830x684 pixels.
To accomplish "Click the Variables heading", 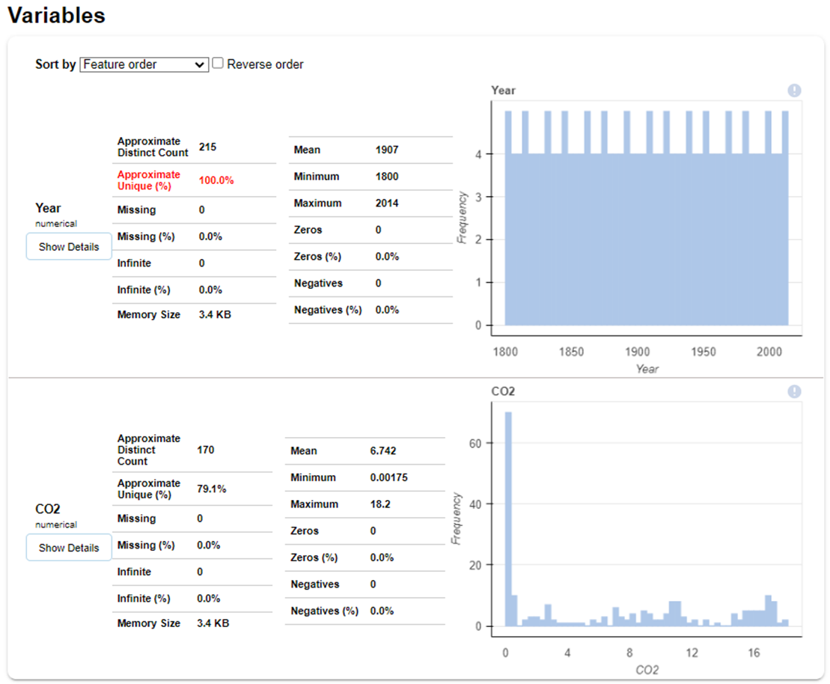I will tap(56, 15).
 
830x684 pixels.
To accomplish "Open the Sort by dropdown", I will tap(144, 64).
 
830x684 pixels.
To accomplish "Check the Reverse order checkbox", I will tap(218, 64).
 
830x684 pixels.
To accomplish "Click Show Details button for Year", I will tap(69, 247).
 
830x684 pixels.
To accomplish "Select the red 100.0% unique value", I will tap(216, 180).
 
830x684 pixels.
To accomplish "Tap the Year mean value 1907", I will tap(387, 150).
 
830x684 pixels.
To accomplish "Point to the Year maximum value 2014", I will tap(387, 203).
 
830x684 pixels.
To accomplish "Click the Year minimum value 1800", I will tap(387, 177).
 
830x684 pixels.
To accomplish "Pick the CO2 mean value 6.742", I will tap(383, 451).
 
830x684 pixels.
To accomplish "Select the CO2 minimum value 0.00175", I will tap(389, 477).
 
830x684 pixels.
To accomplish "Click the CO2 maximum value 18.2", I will tap(380, 504).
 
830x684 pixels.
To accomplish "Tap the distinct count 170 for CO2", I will tap(206, 450).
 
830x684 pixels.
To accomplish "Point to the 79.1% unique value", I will tap(212, 489).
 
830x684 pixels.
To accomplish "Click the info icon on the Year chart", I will tap(794, 91).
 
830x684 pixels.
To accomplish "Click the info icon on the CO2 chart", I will tap(794, 391).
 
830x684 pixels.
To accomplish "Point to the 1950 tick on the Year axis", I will tap(704, 352).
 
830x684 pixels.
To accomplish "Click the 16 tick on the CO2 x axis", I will tap(754, 653).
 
